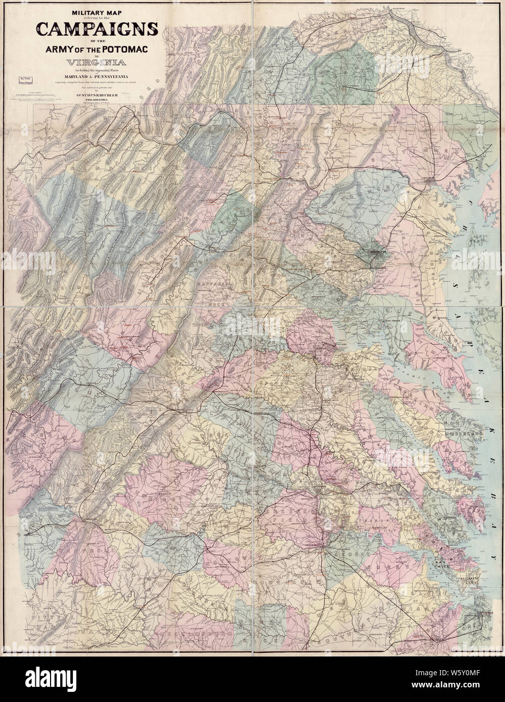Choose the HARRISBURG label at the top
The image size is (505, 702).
400,8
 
